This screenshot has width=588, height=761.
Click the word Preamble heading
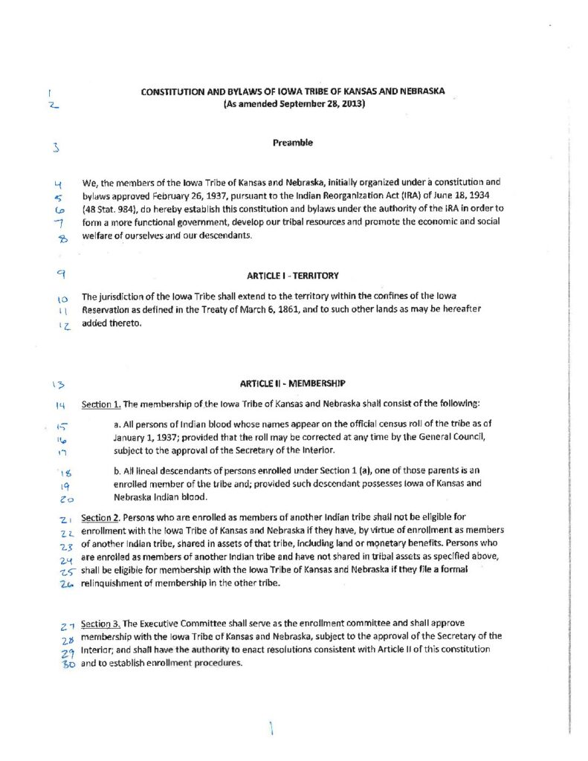coord(292,143)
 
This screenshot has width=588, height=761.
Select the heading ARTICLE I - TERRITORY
coord(293,275)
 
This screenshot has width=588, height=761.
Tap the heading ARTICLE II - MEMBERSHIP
coord(293,384)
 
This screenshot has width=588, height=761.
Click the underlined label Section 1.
coord(100,404)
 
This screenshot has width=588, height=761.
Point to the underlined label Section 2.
coord(100,516)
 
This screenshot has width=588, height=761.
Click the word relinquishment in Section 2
coord(114,583)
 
